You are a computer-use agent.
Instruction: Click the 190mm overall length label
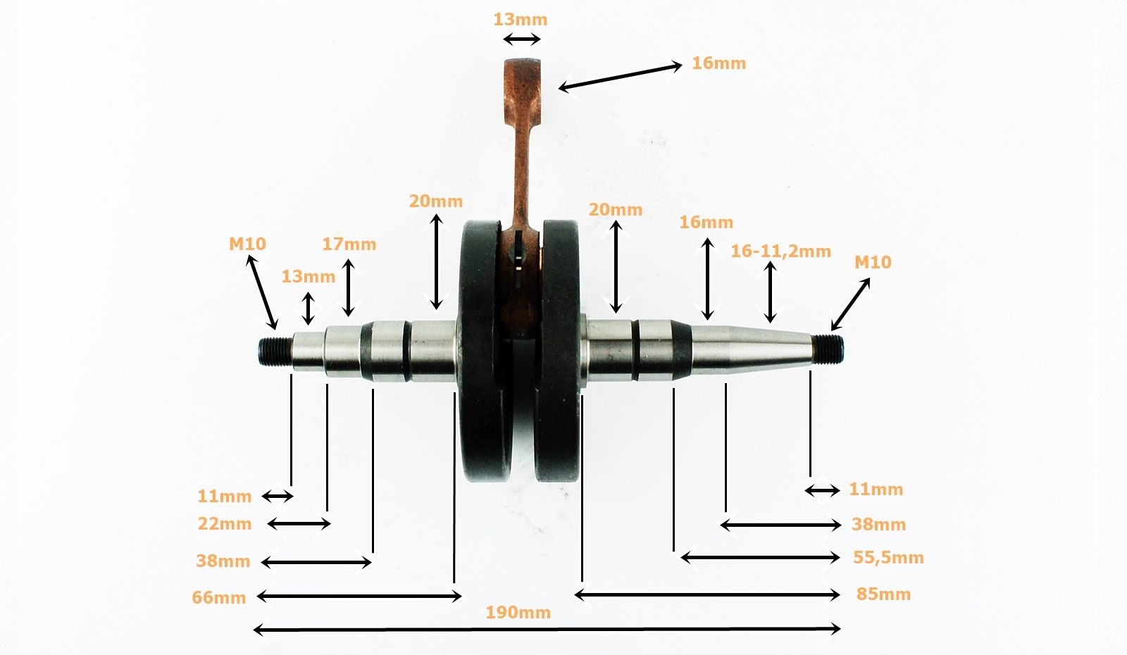tap(518, 612)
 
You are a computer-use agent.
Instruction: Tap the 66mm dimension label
tap(219, 597)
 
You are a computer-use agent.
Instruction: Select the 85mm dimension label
tap(883, 594)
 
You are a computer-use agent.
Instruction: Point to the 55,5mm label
tap(888, 557)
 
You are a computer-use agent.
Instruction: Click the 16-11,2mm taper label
tap(780, 251)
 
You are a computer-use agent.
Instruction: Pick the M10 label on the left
tap(247, 244)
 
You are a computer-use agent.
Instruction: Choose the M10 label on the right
tap(873, 262)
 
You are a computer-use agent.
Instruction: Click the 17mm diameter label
tap(349, 244)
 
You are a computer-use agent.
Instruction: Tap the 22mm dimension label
tap(225, 523)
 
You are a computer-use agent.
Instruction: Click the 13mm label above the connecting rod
tap(520, 19)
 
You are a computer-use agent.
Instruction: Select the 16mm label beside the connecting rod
tap(718, 63)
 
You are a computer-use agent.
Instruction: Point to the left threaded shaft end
tap(275, 350)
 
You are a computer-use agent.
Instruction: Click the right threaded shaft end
tap(827, 348)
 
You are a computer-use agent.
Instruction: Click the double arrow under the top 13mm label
tap(523, 39)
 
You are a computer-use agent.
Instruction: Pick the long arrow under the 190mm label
tap(547, 629)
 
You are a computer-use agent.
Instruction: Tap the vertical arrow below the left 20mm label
tap(437, 261)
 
